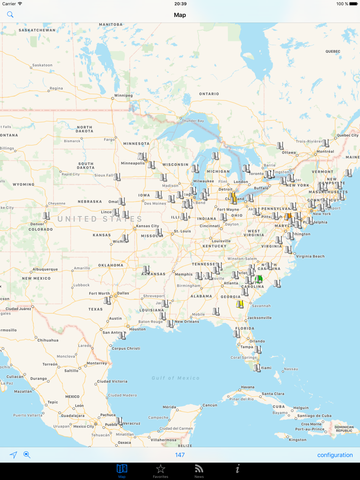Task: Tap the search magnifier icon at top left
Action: pyautogui.click(x=10, y=15)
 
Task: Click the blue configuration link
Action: pyautogui.click(x=335, y=455)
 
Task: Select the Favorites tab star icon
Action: pyautogui.click(x=160, y=469)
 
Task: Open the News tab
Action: pyautogui.click(x=199, y=469)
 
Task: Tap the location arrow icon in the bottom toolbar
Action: pyautogui.click(x=13, y=455)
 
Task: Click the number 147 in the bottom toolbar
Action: pyautogui.click(x=179, y=455)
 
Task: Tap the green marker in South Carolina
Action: pyautogui.click(x=259, y=279)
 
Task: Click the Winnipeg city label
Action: pyautogui.click(x=123, y=95)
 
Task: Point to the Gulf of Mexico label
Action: pyautogui.click(x=175, y=378)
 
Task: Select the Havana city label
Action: pyautogui.click(x=248, y=387)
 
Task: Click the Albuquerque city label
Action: pyautogui.click(x=45, y=269)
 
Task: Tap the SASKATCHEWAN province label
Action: pyautogui.click(x=37, y=30)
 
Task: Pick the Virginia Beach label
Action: pyautogui.click(x=310, y=256)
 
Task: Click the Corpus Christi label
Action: pyautogui.click(x=126, y=348)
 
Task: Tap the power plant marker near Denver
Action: pyautogui.click(x=46, y=216)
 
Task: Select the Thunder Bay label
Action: pyautogui.click(x=193, y=121)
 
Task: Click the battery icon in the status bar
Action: pyautogui.click(x=353, y=4)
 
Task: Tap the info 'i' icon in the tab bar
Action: pyautogui.click(x=238, y=469)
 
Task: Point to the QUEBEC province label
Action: pyautogui.click(x=333, y=51)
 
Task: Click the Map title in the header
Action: pyautogui.click(x=179, y=15)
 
